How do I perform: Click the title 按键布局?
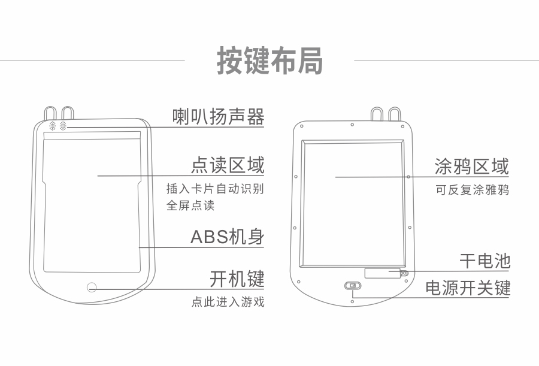click(x=269, y=61)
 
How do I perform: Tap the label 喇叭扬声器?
click(x=218, y=116)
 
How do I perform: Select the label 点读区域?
click(x=228, y=165)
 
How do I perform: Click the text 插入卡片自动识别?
click(x=215, y=189)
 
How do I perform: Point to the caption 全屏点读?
click(x=190, y=206)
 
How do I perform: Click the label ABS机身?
click(x=228, y=237)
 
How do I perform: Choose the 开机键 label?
click(x=237, y=279)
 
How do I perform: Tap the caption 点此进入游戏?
click(x=228, y=302)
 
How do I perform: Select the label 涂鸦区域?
click(x=472, y=166)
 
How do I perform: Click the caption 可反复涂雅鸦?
click(x=472, y=191)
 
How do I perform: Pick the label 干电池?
click(x=485, y=261)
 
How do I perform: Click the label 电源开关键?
click(x=468, y=288)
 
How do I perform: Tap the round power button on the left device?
click(x=92, y=287)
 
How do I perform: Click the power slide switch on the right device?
click(x=353, y=286)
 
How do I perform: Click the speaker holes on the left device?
click(x=57, y=126)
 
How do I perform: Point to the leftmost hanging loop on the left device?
click(x=50, y=113)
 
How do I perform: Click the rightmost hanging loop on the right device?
click(x=395, y=114)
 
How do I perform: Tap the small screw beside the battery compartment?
click(x=405, y=273)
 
